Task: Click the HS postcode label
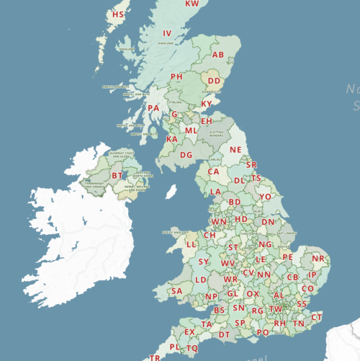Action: tap(118, 14)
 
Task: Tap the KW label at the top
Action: tap(192, 4)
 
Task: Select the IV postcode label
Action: tap(167, 33)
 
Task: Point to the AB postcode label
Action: tap(218, 55)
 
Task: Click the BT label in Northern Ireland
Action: tap(117, 175)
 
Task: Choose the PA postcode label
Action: tap(153, 109)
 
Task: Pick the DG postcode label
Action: tap(186, 155)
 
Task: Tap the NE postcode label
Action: tap(235, 150)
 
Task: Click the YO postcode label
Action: tap(266, 196)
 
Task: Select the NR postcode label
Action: tap(318, 259)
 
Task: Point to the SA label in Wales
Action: tap(176, 291)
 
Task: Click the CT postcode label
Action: tap(317, 317)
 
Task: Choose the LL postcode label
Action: tap(192, 245)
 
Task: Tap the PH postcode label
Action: tap(176, 76)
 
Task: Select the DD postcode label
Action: tap(214, 81)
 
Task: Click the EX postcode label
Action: tap(190, 332)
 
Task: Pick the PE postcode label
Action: tap(287, 257)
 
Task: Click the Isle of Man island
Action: tap(171, 191)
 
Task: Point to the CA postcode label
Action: tap(213, 172)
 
